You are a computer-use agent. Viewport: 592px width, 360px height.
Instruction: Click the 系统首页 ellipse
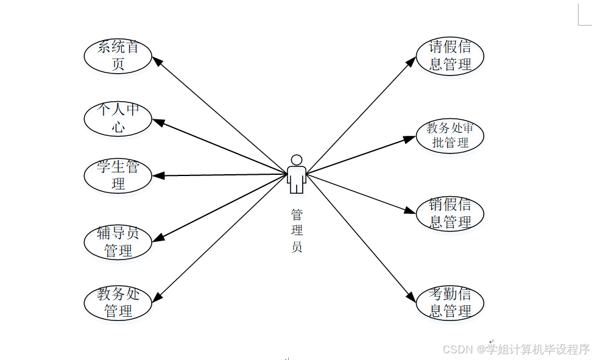118,55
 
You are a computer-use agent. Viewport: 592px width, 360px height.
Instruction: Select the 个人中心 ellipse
118,118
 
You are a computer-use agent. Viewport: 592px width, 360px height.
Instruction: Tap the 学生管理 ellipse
118,175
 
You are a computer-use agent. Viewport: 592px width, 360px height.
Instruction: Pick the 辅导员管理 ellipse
118,241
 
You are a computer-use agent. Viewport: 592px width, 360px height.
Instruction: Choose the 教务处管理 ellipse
118,303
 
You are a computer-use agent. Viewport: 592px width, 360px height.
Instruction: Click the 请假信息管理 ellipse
449,56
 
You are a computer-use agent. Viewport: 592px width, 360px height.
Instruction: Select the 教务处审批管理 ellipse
449,135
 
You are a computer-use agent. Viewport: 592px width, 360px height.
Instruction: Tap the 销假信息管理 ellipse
449,214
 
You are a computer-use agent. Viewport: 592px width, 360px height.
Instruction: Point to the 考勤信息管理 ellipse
449,303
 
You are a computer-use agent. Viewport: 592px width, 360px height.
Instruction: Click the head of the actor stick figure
297,160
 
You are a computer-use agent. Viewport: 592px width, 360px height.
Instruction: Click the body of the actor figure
297,178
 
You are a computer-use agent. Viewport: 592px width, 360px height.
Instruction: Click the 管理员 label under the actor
297,231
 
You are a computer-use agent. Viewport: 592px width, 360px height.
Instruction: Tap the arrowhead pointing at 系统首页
155,60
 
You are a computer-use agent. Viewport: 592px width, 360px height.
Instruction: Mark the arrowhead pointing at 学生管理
158,176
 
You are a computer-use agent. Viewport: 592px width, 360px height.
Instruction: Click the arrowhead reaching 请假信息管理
412,61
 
